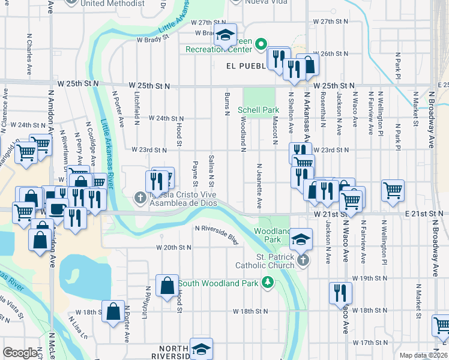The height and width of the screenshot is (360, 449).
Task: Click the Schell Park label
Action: tap(259, 110)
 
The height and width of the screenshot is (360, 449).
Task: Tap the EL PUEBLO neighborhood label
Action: tap(246, 65)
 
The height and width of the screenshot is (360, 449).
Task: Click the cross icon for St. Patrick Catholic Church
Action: tap(304, 259)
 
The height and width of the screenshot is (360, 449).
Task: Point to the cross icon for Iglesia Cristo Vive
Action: tap(140, 196)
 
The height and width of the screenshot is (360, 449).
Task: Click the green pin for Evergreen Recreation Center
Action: tap(261, 44)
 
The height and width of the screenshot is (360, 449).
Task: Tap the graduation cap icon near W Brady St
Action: tap(226, 35)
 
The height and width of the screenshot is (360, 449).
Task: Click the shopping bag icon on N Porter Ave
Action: tap(113, 312)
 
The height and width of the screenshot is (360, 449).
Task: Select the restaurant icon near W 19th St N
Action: tap(340, 293)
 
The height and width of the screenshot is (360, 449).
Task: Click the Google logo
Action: tap(20, 353)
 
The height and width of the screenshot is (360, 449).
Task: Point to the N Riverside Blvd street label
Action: tap(217, 233)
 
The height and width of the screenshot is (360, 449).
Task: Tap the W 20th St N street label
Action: tap(173, 247)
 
